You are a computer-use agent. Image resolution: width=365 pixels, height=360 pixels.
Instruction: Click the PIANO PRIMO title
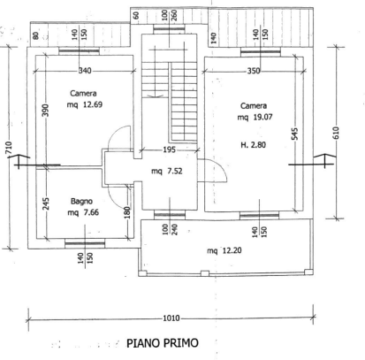point(163,343)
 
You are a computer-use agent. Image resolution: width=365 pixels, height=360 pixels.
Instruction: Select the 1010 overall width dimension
point(171,318)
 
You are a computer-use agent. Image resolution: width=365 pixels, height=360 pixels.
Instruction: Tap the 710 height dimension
point(9,148)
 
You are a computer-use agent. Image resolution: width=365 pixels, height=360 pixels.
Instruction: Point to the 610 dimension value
point(336,133)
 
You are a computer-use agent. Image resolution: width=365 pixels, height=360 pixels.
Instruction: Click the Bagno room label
point(81,202)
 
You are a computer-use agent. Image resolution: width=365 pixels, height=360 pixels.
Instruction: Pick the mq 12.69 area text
point(85,104)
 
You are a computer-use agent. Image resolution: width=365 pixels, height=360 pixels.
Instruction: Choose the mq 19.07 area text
point(255,117)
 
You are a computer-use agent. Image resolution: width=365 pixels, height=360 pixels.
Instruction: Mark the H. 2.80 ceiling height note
point(253,145)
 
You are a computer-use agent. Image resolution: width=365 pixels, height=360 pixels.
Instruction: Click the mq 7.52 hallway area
point(167,171)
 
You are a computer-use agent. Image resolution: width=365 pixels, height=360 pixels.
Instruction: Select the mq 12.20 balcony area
point(224,250)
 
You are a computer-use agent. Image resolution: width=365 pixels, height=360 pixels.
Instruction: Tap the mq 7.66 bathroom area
point(83,212)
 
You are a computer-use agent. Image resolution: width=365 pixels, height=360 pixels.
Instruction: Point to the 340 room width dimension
point(85,71)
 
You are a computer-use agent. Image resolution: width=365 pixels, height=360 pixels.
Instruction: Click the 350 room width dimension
point(254,71)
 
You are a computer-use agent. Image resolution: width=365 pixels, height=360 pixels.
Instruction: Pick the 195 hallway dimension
point(169,149)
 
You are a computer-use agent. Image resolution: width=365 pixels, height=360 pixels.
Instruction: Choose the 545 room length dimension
point(296,134)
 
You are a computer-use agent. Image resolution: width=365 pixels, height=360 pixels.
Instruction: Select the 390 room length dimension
point(45,110)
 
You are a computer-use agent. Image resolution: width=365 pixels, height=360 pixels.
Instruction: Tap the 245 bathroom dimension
point(46,203)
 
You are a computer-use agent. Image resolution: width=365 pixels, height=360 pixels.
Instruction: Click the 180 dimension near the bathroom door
point(127,212)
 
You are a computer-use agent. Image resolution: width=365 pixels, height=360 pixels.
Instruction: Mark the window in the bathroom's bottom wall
point(85,243)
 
